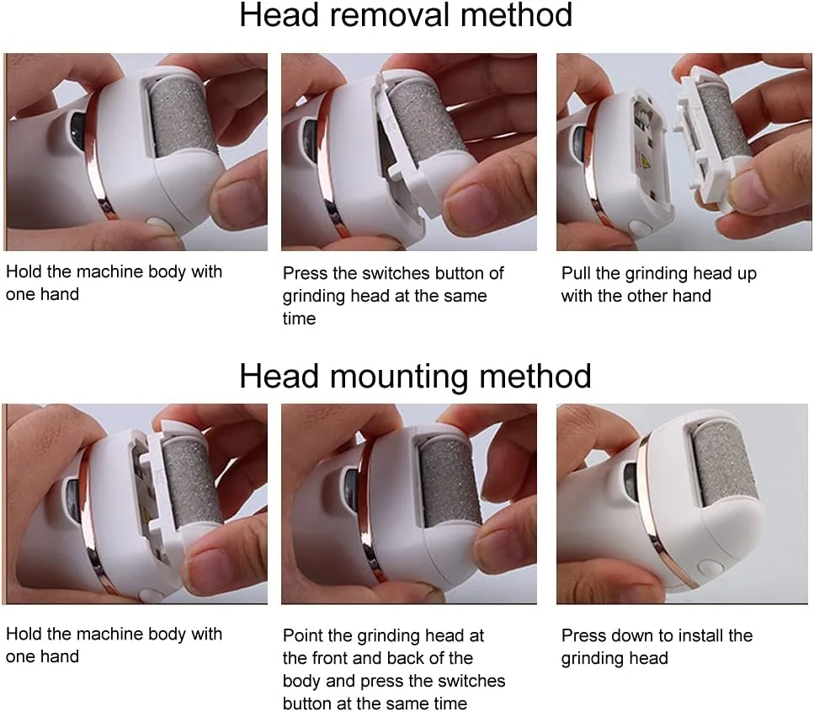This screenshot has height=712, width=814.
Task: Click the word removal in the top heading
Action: (x=391, y=15)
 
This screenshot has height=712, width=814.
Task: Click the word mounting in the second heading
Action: (x=399, y=377)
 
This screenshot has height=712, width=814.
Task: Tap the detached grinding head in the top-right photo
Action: (x=714, y=141)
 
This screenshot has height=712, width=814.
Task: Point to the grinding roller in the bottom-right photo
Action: (x=723, y=465)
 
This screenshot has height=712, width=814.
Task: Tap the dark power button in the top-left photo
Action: (x=78, y=130)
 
